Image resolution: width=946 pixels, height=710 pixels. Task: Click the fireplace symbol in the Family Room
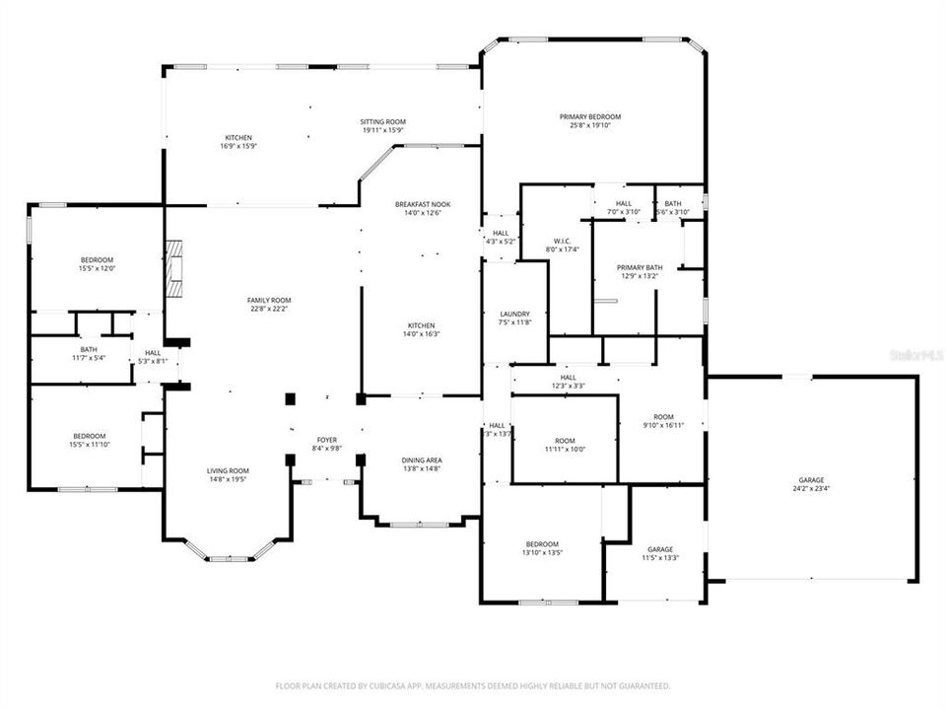(x=174, y=267)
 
